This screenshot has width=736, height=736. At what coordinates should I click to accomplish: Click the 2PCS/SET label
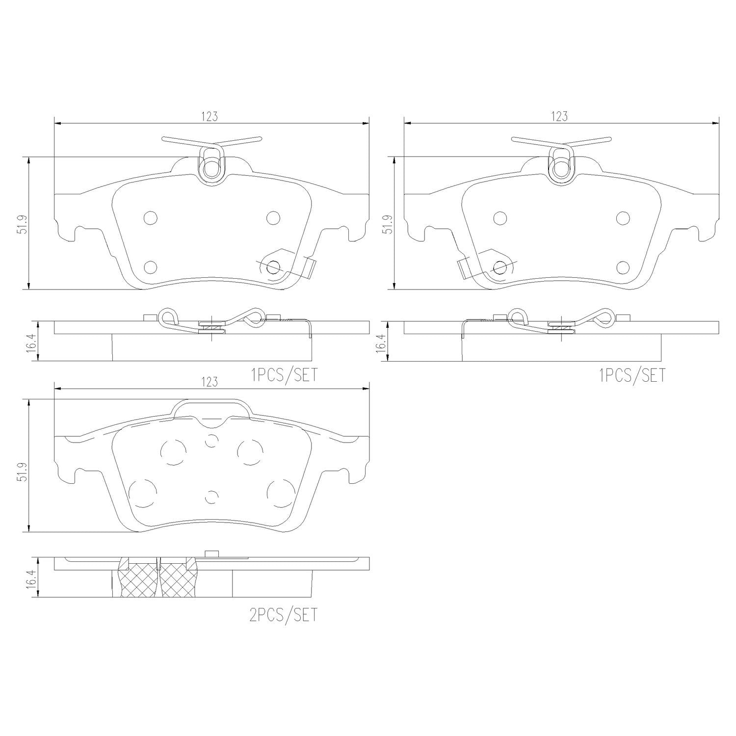click(284, 615)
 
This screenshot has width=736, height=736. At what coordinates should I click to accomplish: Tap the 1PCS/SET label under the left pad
click(284, 375)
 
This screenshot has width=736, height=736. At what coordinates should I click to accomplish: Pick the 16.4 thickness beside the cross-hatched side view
click(32, 578)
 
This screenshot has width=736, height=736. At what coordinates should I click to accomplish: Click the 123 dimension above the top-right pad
click(559, 116)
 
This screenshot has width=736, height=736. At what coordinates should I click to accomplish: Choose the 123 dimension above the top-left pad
click(210, 116)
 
